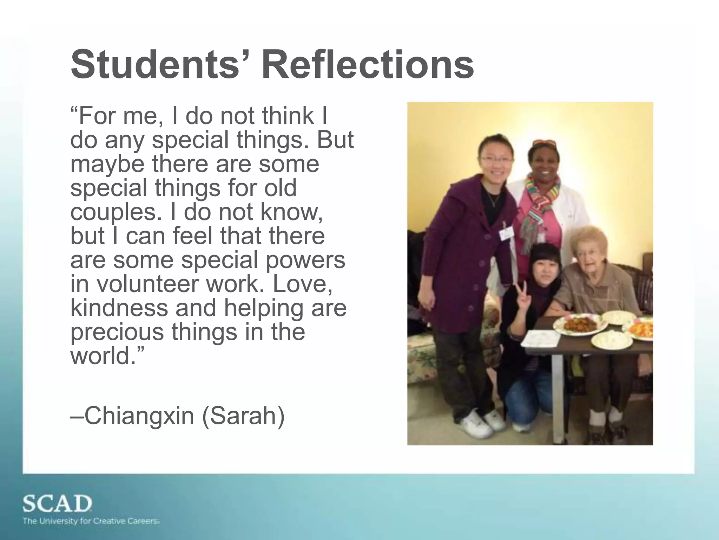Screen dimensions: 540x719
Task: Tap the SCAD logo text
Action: [57, 504]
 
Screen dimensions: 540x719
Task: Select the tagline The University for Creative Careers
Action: [91, 521]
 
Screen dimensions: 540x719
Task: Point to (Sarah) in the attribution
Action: [243, 416]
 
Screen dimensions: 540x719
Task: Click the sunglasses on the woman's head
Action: [545, 143]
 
